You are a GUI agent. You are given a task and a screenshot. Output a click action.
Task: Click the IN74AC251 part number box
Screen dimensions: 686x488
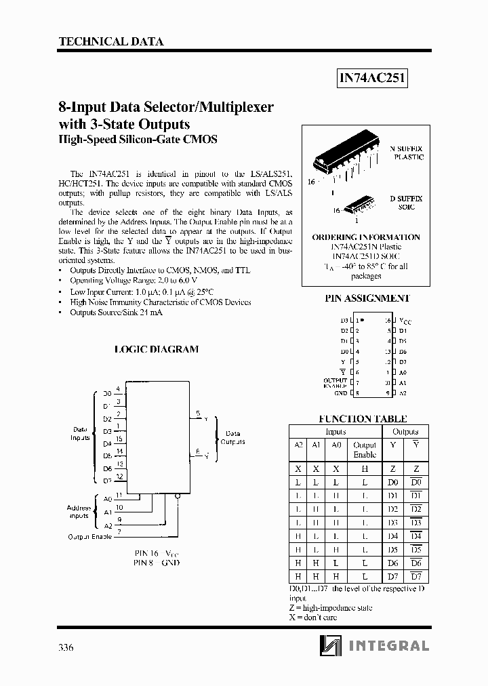pos(372,78)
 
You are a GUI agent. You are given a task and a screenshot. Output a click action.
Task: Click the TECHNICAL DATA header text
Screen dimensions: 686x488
pos(111,41)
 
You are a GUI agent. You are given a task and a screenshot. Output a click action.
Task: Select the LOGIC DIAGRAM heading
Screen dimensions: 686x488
pos(157,349)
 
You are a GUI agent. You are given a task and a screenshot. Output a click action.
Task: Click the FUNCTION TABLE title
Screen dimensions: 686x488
pos(363,419)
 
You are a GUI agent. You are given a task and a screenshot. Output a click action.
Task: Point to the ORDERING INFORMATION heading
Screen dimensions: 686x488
pos(366,237)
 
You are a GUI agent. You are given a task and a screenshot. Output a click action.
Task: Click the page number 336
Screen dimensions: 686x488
pos(66,647)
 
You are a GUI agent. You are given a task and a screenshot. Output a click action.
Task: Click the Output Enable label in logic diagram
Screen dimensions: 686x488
pos(89,537)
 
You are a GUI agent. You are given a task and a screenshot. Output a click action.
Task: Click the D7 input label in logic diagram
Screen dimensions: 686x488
pos(107,481)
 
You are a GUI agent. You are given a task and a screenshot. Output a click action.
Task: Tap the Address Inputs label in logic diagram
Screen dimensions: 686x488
pos(79,512)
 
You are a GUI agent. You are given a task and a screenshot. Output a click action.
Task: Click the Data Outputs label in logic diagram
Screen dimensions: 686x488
pos(233,438)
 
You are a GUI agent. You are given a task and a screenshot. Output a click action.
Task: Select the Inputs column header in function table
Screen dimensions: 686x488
pos(335,432)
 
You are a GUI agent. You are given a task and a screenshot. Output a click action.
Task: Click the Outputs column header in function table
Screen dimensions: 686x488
pos(405,432)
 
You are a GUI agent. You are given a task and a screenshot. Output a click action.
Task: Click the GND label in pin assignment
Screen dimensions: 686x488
pos(340,393)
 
